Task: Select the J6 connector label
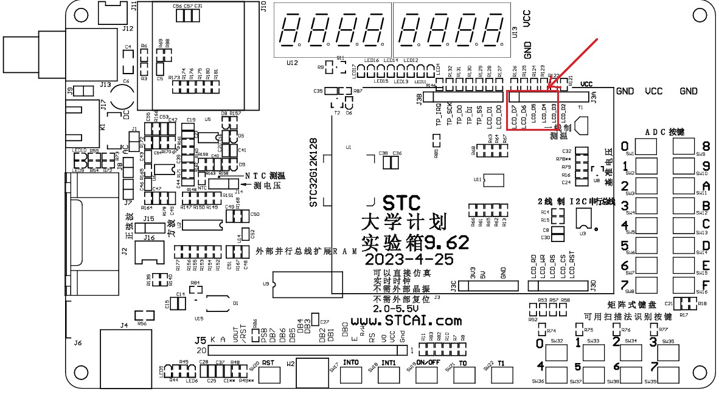(x=77, y=343)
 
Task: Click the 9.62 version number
(x=447, y=243)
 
